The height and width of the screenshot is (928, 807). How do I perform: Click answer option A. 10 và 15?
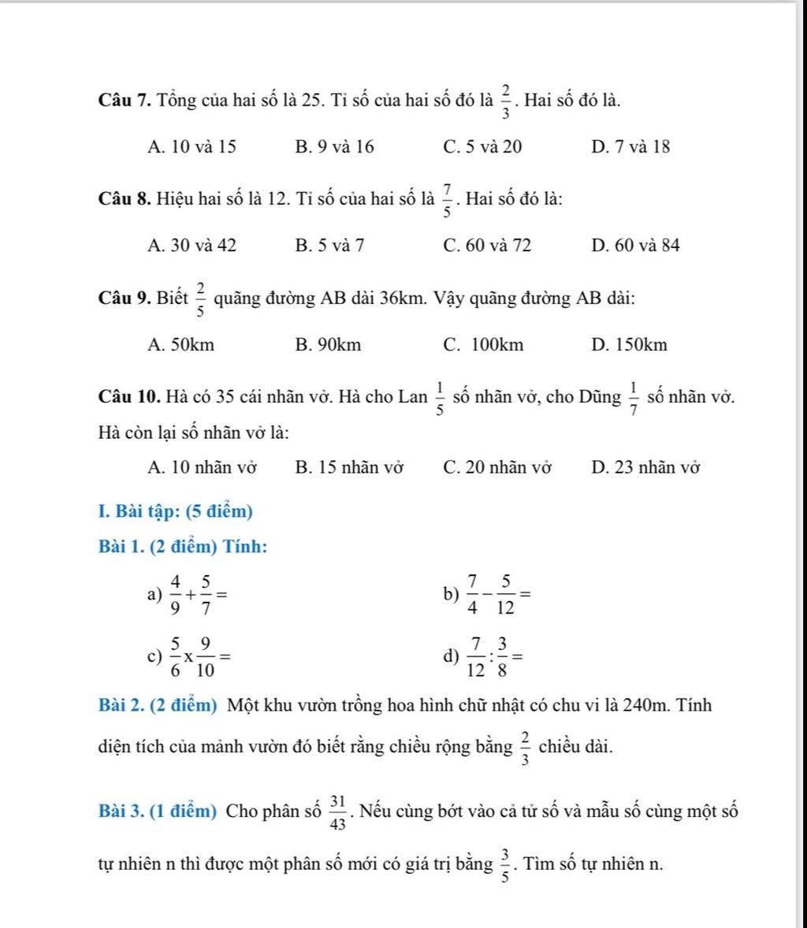coord(192,147)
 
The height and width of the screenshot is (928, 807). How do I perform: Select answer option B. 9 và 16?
coord(335,147)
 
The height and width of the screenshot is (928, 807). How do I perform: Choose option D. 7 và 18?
coord(630,147)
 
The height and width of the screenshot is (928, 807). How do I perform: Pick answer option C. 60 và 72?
coord(488,246)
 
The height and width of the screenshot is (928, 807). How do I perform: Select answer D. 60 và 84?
coord(634,246)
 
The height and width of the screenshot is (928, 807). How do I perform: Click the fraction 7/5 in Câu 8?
coord(448,201)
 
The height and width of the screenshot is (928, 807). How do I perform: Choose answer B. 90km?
coord(329,345)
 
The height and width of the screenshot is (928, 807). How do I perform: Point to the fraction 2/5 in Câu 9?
coord(200,299)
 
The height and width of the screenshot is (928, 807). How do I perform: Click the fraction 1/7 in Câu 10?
coord(634,399)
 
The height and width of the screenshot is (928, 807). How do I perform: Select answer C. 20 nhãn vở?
coord(498,468)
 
